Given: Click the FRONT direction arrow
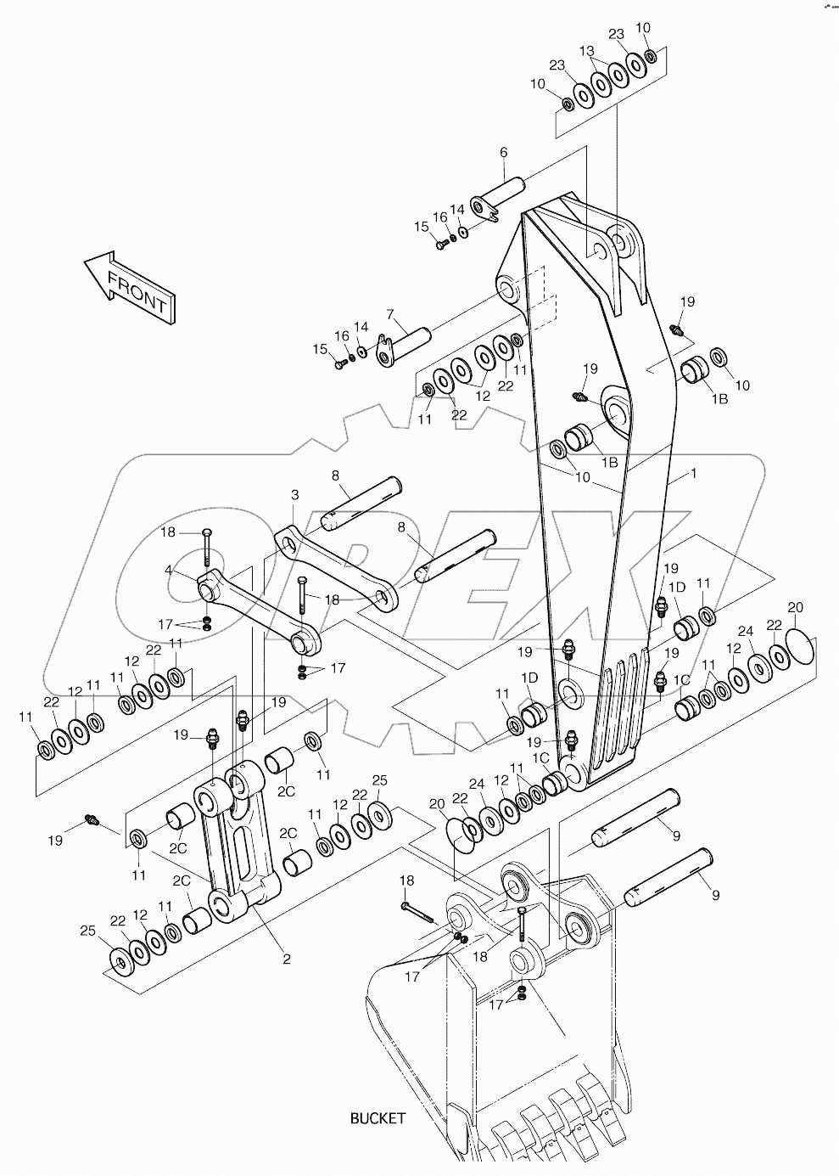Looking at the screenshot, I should [129, 285].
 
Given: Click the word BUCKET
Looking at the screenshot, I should [378, 1117].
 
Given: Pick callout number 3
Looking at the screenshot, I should [294, 494].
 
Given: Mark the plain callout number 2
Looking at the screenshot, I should [287, 959].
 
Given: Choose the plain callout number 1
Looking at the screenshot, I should [693, 474].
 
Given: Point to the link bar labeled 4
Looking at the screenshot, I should [254, 612].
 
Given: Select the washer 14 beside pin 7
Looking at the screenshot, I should [362, 351].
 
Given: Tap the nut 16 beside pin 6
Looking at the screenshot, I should [453, 237].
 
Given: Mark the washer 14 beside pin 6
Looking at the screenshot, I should [462, 232].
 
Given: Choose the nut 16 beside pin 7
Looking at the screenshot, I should [352, 357].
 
